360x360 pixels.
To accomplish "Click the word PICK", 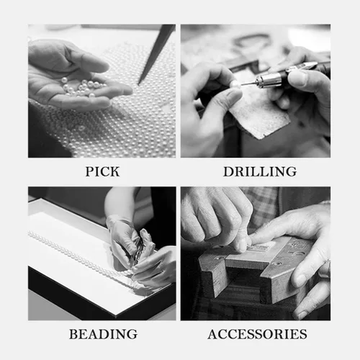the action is (x=102, y=171).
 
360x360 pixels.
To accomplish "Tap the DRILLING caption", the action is (x=260, y=171).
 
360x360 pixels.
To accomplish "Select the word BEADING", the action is (x=103, y=334).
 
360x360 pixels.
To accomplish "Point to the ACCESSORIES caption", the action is (x=257, y=334).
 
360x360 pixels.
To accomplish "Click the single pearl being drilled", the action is (x=235, y=84).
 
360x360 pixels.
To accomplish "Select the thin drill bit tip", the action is (x=248, y=84).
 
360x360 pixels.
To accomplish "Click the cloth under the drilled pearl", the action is (x=259, y=113).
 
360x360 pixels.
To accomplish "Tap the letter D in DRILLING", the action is (x=228, y=171).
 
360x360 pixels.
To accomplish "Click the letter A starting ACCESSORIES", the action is (x=213, y=334).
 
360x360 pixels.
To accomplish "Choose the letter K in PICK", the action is (x=114, y=171).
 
